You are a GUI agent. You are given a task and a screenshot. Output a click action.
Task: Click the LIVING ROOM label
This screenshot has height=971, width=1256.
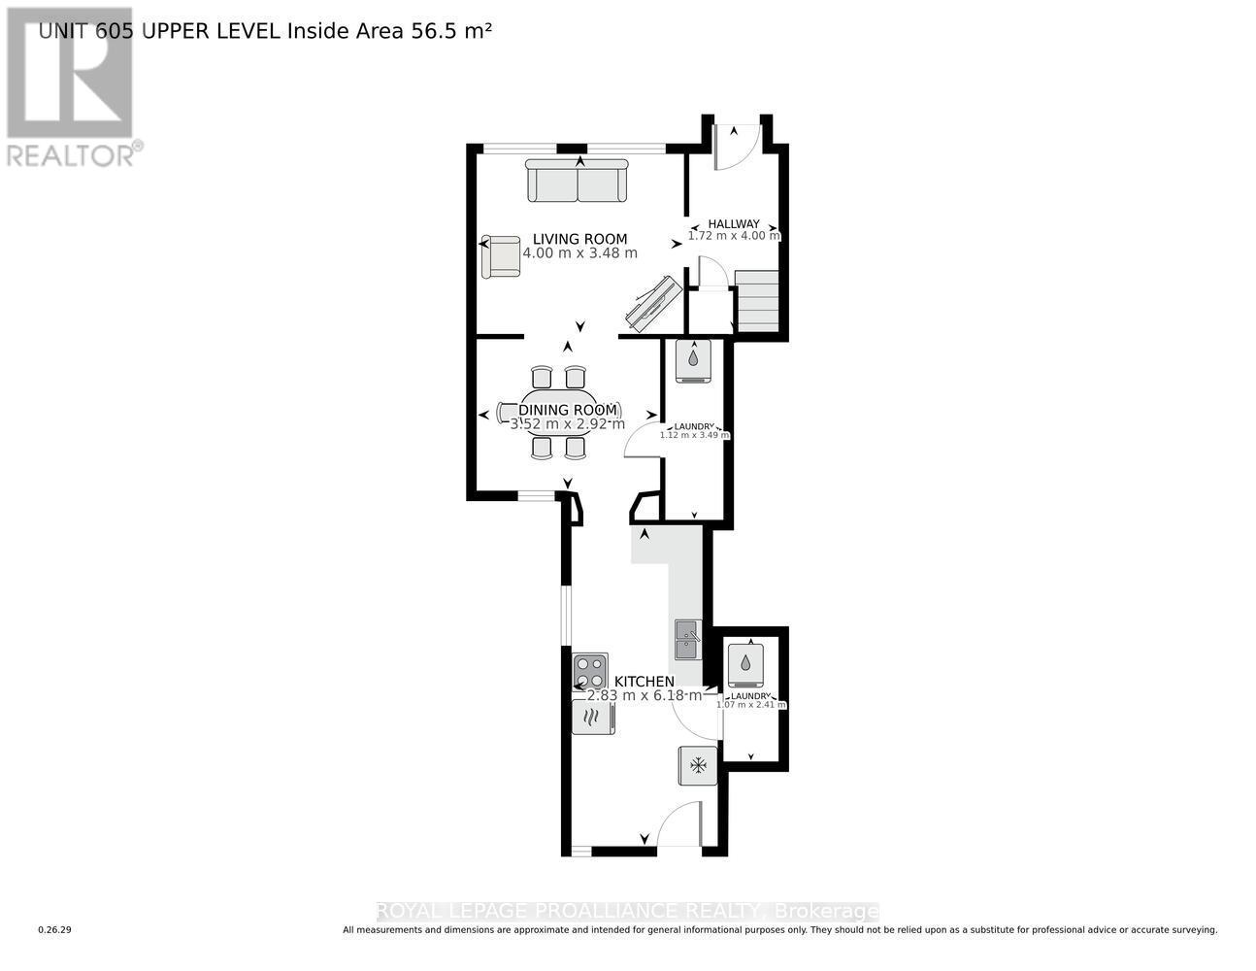coord(579,239)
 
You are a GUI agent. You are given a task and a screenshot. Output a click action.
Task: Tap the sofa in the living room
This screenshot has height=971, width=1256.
coord(577,181)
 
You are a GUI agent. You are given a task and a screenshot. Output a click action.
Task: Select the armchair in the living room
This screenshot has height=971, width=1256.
coord(501,256)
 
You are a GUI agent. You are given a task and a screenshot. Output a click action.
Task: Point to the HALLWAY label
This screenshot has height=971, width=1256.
coord(733,223)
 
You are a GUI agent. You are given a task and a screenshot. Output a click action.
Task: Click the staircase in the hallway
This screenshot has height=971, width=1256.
coord(757,301)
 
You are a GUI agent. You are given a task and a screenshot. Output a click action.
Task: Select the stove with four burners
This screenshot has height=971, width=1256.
coord(589,671)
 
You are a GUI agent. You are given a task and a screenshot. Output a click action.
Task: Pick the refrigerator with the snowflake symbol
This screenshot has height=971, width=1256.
coord(697,765)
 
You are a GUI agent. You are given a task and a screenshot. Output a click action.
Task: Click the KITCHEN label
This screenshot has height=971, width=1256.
coord(644,682)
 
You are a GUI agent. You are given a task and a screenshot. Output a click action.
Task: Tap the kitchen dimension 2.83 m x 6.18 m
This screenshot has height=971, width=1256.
coord(644,695)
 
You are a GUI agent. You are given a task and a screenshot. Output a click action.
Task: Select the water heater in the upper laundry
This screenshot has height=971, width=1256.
coord(693,359)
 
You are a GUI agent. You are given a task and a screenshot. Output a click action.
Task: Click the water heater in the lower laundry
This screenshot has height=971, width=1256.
coord(744,664)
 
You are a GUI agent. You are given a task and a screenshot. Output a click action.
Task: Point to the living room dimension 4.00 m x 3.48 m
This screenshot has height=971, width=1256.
coord(579,253)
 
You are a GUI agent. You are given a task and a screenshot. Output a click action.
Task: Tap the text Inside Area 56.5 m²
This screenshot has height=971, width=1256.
coord(388,30)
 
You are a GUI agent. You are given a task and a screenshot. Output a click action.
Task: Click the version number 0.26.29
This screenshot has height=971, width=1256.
coord(54,930)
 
